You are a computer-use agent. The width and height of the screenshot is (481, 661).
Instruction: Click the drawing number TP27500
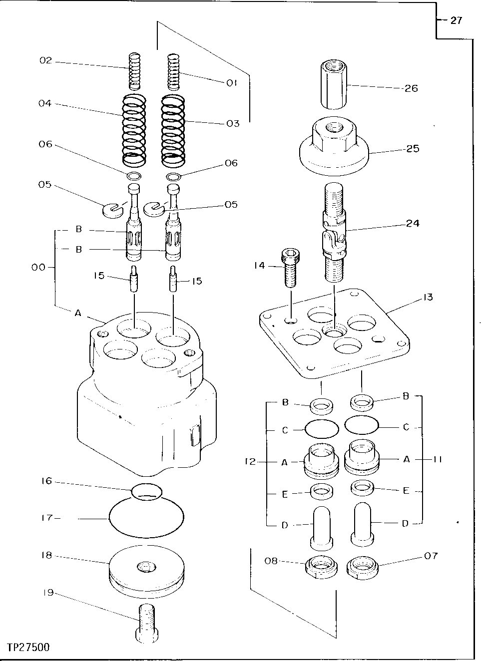[x=28, y=647]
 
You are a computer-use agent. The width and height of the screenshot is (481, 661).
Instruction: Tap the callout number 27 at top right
[x=456, y=20]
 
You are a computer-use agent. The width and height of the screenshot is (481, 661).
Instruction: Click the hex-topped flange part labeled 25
[x=334, y=148]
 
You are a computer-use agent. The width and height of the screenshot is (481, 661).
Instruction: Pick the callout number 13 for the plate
[x=427, y=297]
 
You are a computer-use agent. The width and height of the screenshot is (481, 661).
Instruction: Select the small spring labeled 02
[x=134, y=72]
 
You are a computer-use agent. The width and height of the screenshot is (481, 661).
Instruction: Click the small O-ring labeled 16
[x=147, y=490]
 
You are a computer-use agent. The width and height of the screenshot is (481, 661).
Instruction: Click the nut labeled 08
[x=319, y=567]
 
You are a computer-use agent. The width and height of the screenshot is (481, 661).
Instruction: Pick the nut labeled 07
[x=362, y=567]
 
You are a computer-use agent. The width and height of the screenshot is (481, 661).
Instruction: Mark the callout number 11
[x=438, y=459]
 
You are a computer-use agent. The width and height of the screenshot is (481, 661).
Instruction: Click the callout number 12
[x=251, y=462]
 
